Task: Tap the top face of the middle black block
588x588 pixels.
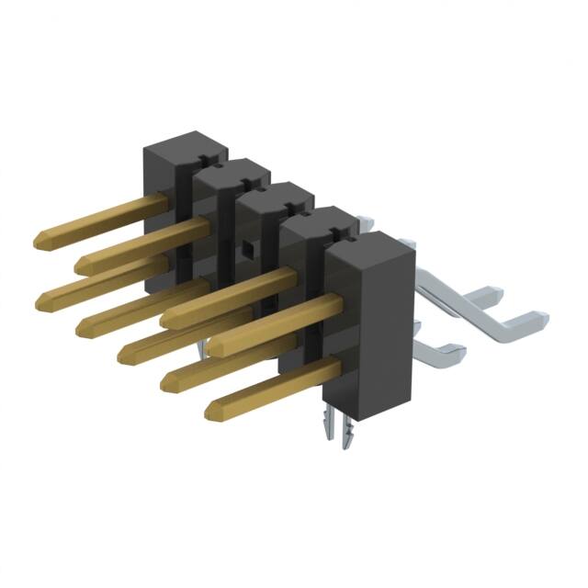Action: click(x=276, y=196)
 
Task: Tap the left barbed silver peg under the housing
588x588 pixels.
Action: click(x=332, y=428)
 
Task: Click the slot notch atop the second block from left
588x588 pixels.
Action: click(x=206, y=166)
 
